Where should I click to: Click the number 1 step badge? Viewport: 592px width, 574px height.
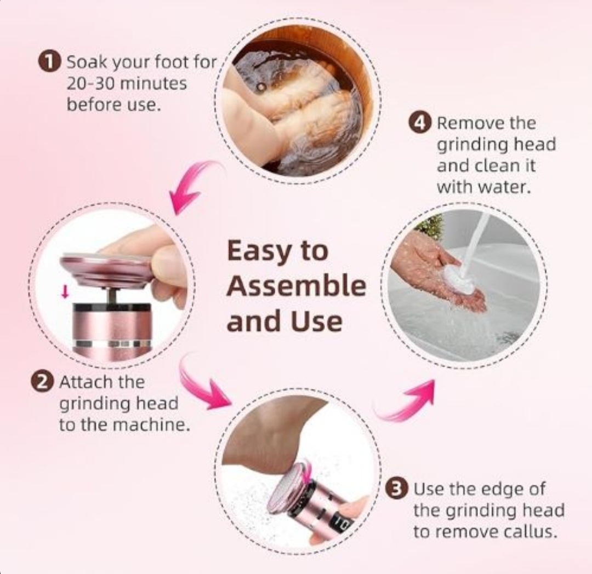tap(49, 61)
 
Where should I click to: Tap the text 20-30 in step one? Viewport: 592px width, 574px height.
tap(90, 83)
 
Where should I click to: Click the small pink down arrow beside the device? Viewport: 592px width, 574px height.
tap(65, 291)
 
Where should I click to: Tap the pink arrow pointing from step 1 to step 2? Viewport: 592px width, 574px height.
tap(192, 186)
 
